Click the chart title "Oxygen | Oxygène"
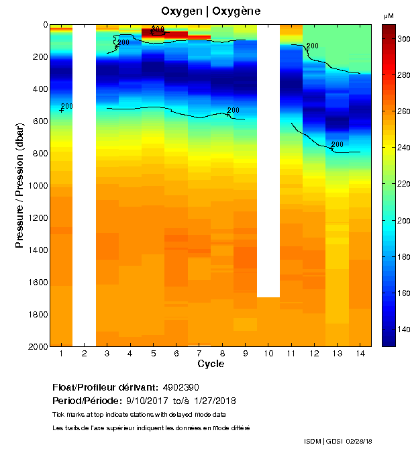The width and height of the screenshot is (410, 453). (211, 11)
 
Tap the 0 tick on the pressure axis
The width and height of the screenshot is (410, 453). (44, 25)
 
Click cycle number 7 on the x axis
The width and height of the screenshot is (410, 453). (199, 353)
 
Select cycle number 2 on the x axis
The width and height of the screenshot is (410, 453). (84, 353)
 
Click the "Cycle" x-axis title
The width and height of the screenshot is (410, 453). (211, 364)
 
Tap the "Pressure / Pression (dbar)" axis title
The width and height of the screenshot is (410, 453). (19, 185)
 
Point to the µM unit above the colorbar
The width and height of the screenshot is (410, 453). (389, 15)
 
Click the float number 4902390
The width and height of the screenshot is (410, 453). (181, 387)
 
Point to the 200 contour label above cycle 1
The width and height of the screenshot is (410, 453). (66, 106)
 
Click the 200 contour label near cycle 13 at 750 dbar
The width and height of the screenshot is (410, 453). (338, 144)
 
